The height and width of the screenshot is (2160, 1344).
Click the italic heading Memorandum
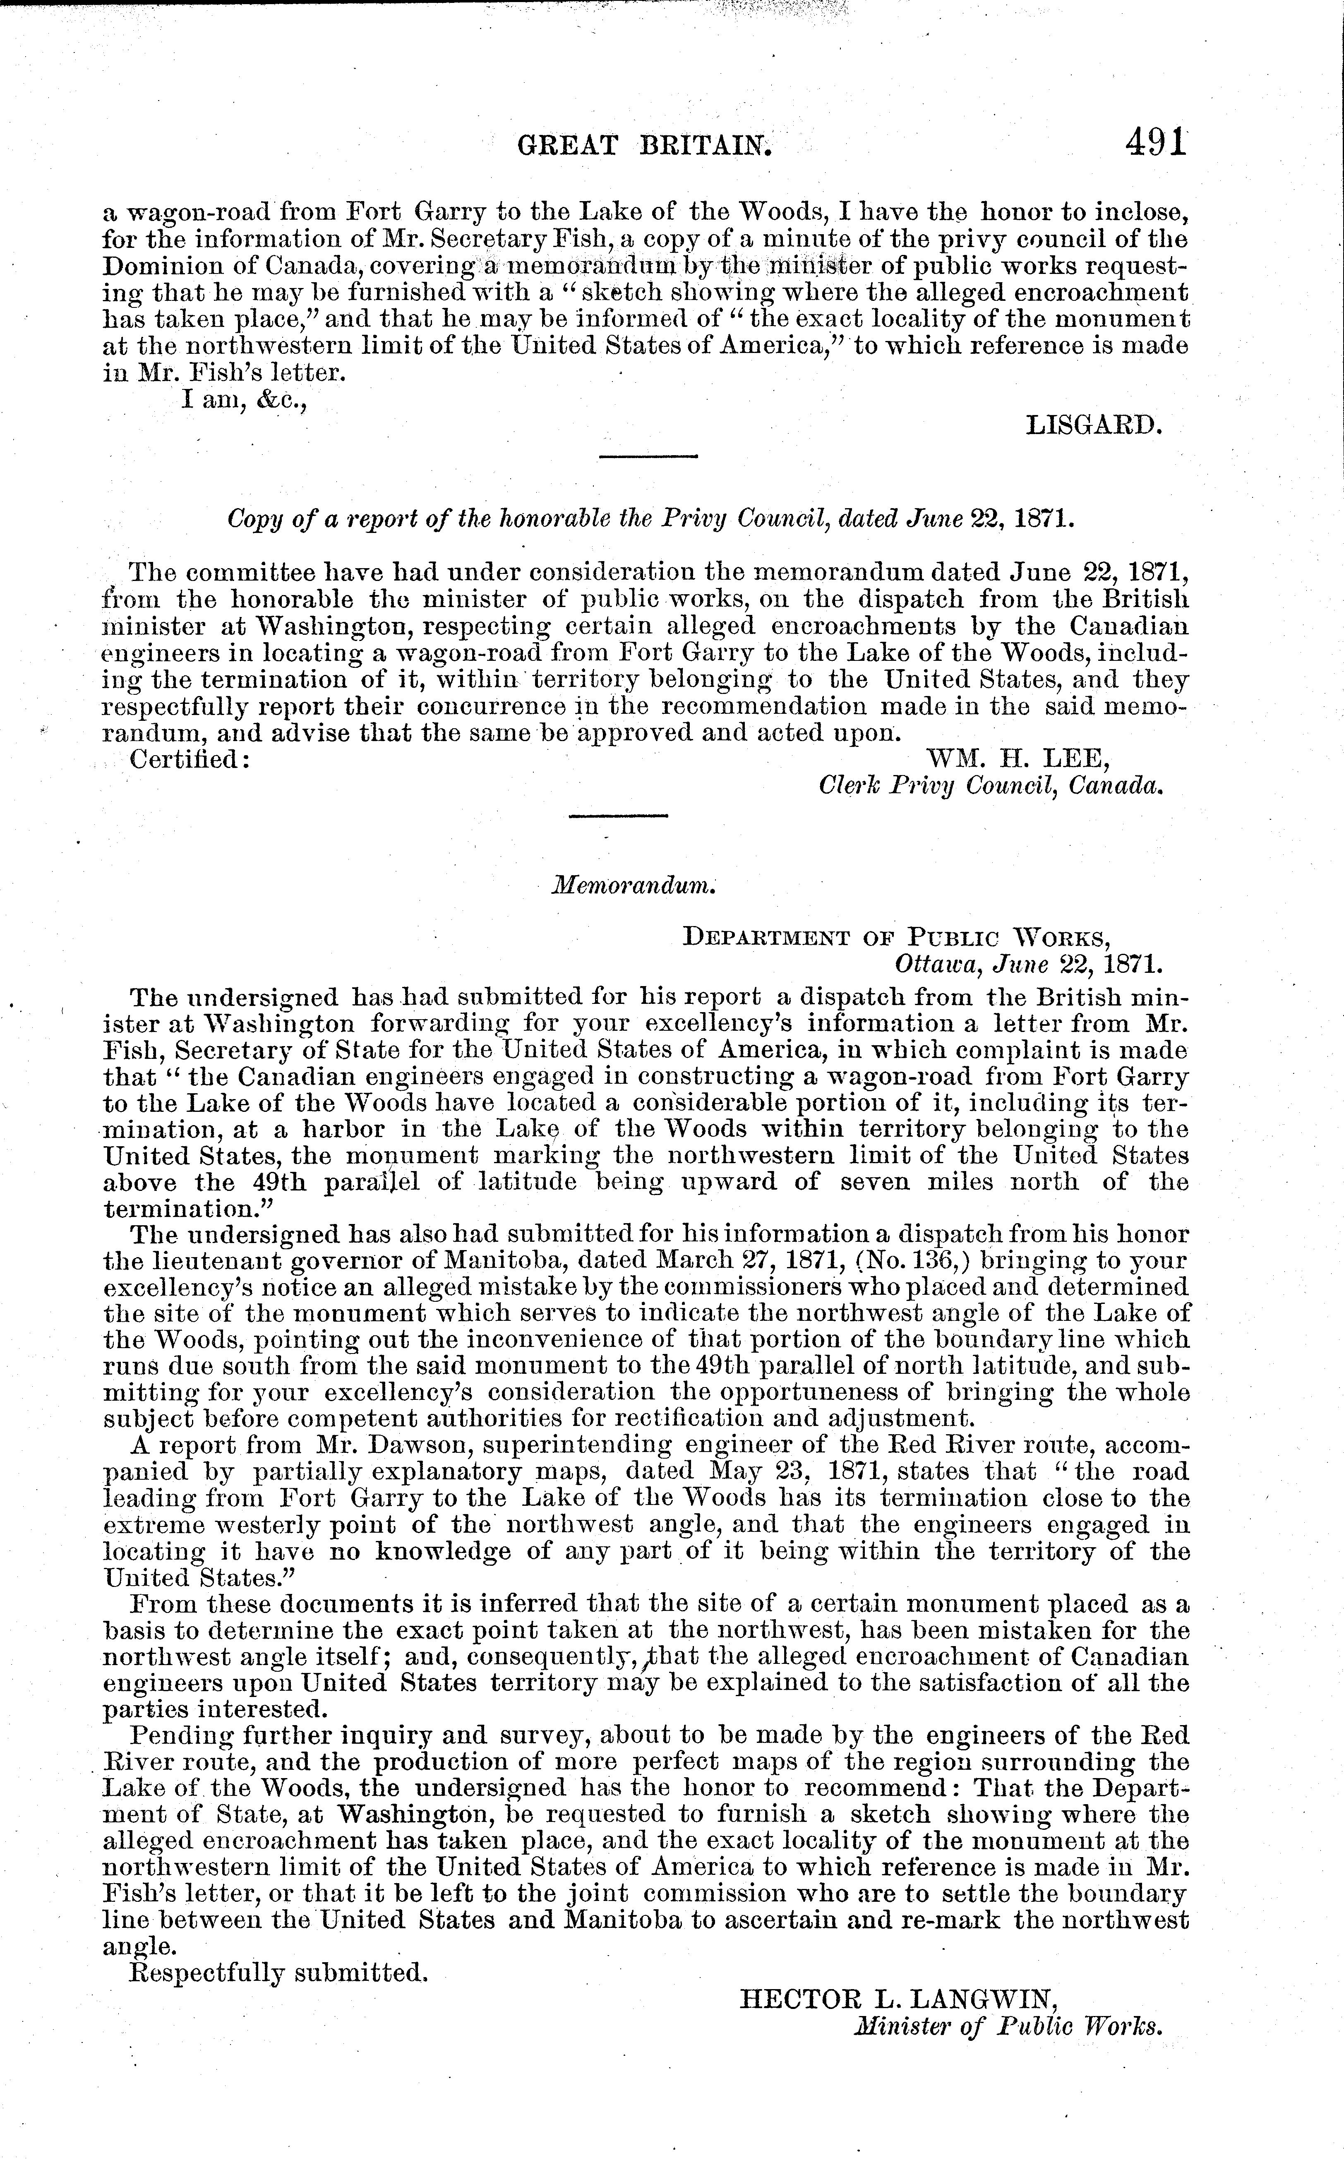(x=635, y=886)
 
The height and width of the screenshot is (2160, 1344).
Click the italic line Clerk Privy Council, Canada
(x=990, y=786)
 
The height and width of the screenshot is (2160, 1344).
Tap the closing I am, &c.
(x=245, y=400)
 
